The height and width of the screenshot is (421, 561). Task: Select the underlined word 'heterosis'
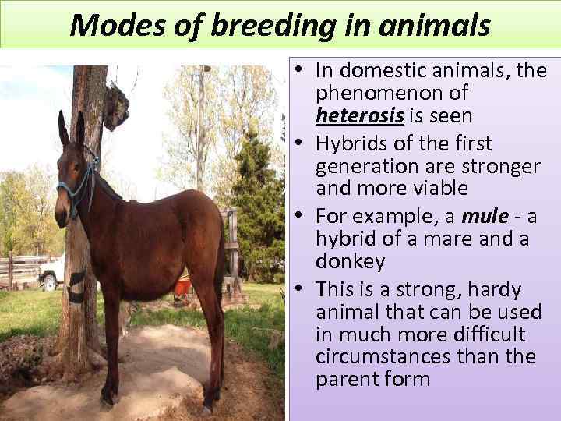coord(359,116)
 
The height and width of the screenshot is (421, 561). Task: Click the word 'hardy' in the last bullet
coord(495,289)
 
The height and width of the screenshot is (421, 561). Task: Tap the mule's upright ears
coord(70,128)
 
